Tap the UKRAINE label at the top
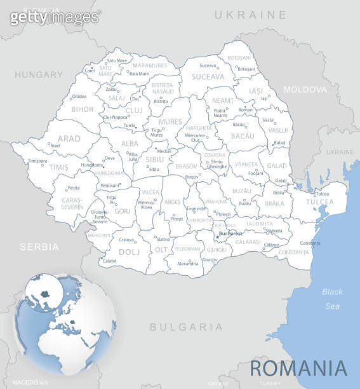point(250,14)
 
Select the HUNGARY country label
point(39,74)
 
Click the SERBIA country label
point(39,246)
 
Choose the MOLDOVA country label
point(305,90)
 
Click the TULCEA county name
point(319,202)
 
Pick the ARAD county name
point(69,138)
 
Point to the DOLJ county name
point(129,252)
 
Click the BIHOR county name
point(82,109)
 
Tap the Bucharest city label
point(230,233)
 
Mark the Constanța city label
point(310,243)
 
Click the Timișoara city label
point(37,161)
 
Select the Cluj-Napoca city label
point(116,117)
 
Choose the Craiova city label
point(127,240)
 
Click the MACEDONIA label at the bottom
point(30,382)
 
